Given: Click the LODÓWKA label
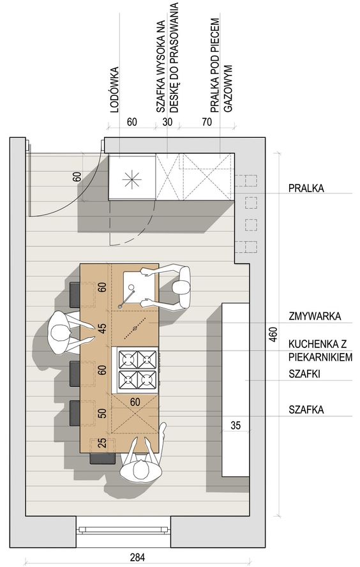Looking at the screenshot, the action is point(114,89).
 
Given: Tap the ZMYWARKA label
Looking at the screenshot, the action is point(315,316).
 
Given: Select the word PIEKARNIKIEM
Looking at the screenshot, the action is point(320,358).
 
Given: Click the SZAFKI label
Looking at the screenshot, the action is point(304,374).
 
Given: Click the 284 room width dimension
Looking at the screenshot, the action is point(137,557).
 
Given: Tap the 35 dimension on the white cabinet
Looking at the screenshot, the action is point(236,425).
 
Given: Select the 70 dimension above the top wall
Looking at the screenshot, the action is point(207,122).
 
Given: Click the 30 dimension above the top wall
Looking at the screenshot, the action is point(167,122).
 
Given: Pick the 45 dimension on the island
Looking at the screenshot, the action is point(103,328).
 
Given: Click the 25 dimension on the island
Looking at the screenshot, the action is point(103,443).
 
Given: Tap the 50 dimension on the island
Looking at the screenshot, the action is point(103,413).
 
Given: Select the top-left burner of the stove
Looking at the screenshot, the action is point(128,359).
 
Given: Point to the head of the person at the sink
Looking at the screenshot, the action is point(181,288).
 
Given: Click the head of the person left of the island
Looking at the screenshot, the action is point(59,333).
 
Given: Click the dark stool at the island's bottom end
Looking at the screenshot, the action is point(102,458).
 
